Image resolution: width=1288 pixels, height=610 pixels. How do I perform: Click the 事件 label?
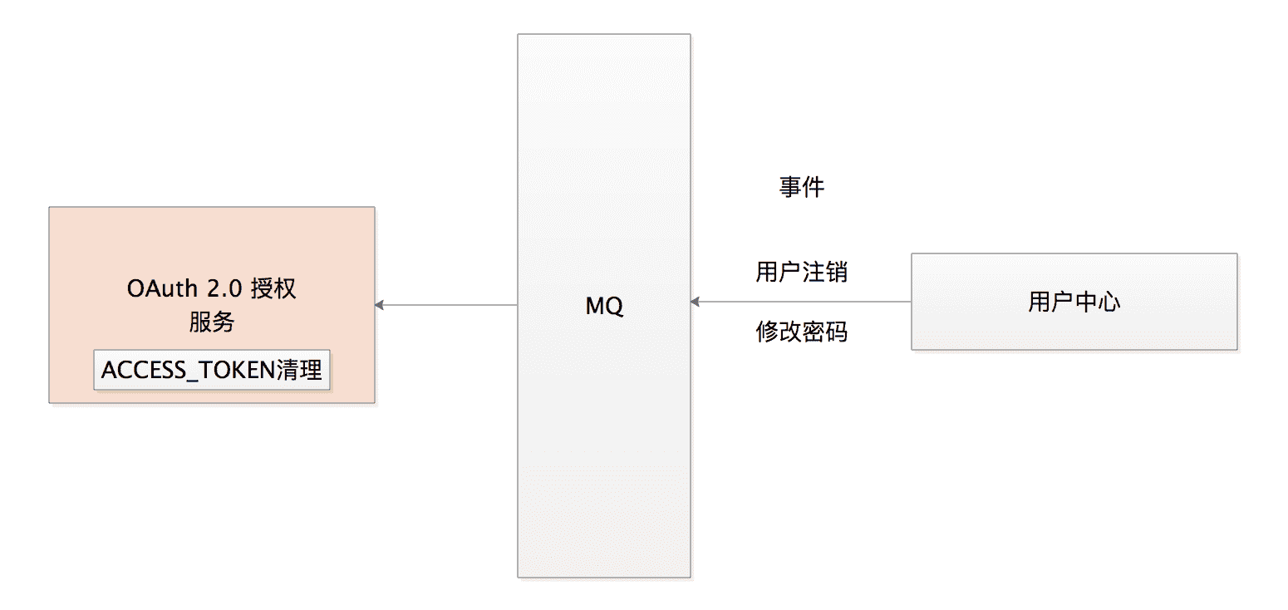click(x=801, y=188)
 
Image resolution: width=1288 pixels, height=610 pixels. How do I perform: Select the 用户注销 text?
click(x=801, y=272)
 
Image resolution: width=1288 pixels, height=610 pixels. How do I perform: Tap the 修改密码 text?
click(x=801, y=332)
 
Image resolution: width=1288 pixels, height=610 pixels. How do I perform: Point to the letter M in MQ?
click(x=595, y=307)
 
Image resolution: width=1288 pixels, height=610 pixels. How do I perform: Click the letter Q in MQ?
click(x=615, y=307)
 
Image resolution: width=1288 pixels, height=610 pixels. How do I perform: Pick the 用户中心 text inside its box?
click(x=1074, y=302)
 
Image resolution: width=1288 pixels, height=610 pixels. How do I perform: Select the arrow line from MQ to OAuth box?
click(x=449, y=305)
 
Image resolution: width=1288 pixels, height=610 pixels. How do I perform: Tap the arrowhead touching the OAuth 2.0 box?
click(x=380, y=305)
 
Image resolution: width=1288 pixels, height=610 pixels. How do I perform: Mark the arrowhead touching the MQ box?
click(x=696, y=302)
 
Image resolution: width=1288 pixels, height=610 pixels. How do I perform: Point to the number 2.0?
click(x=222, y=289)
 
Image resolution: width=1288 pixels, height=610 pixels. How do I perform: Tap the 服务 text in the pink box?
click(x=211, y=322)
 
